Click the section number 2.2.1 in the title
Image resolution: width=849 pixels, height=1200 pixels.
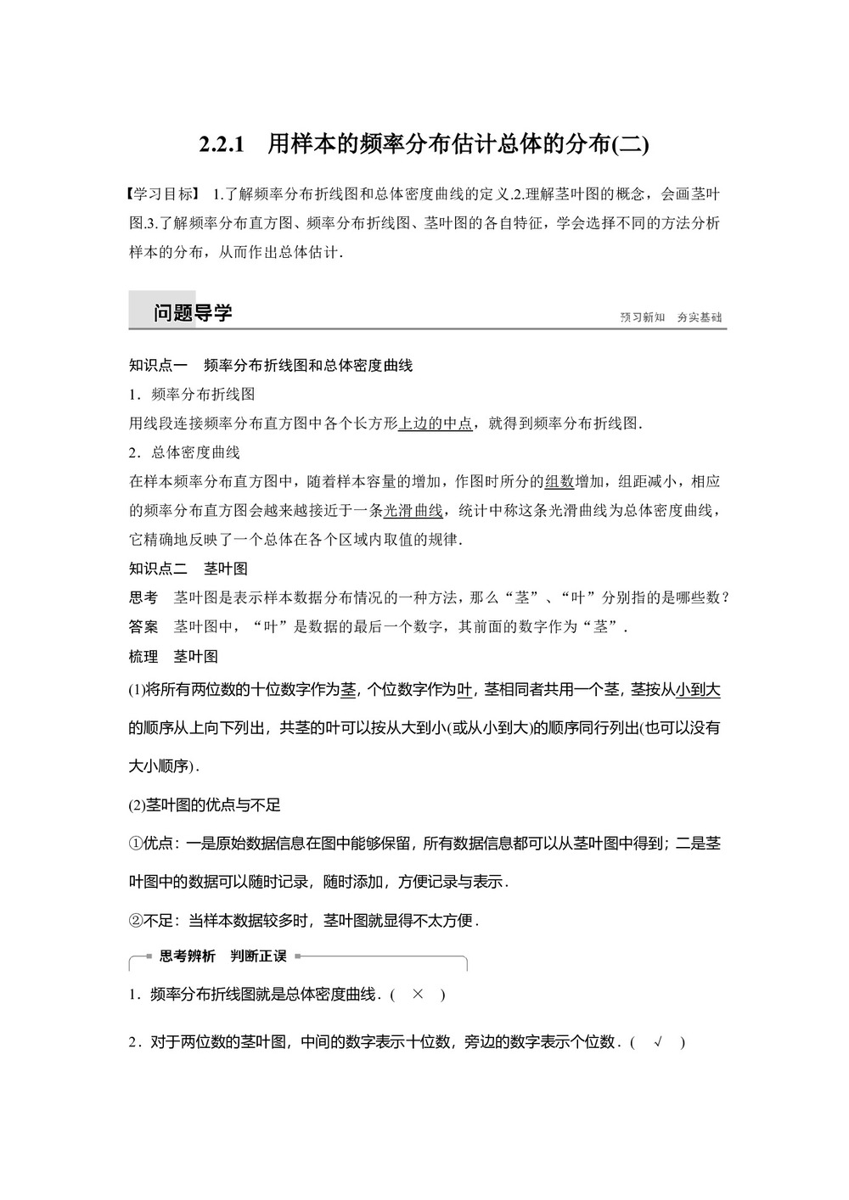tap(222, 144)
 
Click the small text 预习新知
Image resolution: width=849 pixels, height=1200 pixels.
tap(643, 317)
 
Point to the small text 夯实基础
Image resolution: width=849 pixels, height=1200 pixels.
tap(700, 317)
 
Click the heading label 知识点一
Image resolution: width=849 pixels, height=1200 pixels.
tap(158, 366)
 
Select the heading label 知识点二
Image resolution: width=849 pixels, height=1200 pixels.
tap(158, 569)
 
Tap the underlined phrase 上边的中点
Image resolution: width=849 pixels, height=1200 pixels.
tap(436, 423)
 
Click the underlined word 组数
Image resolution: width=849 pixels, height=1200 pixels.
tap(559, 481)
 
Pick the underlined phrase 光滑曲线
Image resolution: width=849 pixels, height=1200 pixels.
tap(413, 511)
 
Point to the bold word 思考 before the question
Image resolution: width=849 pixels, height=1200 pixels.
tap(143, 597)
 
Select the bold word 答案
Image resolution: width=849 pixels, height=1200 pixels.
tap(143, 627)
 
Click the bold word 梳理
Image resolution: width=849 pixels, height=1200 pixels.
tap(143, 656)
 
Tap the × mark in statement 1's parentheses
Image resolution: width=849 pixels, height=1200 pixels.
tap(417, 995)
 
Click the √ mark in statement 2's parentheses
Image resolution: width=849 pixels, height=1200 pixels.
tap(658, 1042)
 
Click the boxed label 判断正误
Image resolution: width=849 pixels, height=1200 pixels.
tap(259, 956)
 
